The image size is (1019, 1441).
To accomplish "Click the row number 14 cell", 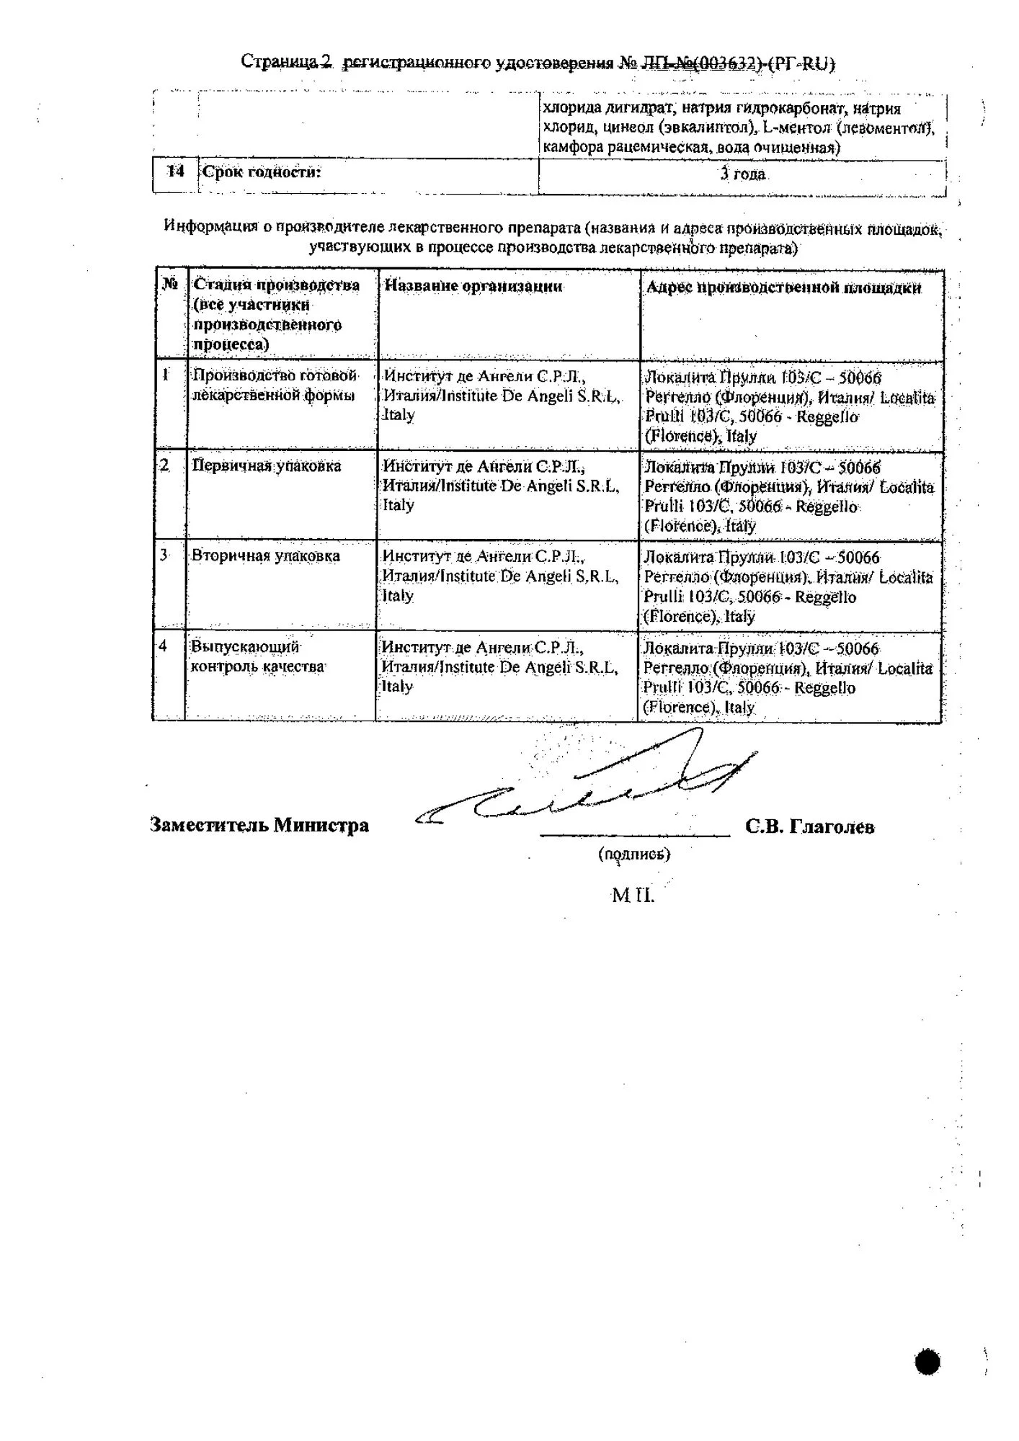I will (x=175, y=172).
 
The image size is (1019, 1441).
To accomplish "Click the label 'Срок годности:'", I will (x=261, y=172).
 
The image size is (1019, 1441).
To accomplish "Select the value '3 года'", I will (x=743, y=174).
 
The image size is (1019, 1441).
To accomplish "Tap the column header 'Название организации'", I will (x=473, y=286).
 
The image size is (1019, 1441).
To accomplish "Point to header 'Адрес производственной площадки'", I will (x=783, y=287).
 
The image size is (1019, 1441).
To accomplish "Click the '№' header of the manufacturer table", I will (x=170, y=284).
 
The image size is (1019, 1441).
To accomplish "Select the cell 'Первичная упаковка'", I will (x=266, y=466).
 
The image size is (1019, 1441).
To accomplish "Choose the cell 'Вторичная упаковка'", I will (x=265, y=556).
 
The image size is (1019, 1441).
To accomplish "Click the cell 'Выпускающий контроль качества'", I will (x=257, y=656).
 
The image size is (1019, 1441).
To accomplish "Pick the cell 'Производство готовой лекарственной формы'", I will (x=274, y=385).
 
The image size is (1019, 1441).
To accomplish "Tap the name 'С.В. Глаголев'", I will (x=810, y=827).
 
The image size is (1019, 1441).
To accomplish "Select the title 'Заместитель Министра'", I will (x=259, y=826).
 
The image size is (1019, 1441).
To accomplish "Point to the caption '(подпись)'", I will (x=634, y=854).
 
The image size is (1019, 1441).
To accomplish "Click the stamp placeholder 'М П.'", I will (x=633, y=896).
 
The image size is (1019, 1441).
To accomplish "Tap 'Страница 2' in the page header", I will (x=286, y=62).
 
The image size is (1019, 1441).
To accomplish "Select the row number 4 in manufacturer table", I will (x=164, y=646).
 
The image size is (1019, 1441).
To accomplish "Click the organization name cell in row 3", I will (x=499, y=576).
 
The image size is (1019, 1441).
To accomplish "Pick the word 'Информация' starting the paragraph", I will (x=210, y=226).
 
